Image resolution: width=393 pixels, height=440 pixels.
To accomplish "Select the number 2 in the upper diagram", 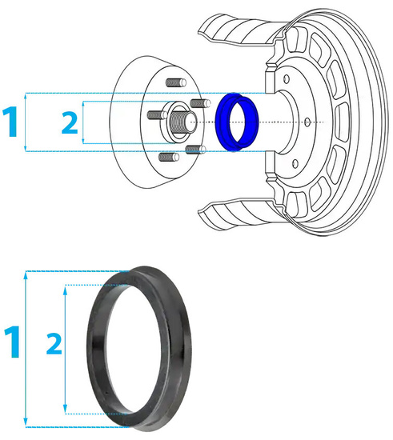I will (70, 122).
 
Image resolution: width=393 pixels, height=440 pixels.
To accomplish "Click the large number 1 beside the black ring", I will (12, 342).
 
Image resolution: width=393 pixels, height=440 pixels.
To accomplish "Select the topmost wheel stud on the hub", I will (172, 83).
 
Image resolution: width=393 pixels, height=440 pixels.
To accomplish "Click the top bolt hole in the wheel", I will (285, 79).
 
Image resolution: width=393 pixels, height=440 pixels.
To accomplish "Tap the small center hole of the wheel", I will (308, 122).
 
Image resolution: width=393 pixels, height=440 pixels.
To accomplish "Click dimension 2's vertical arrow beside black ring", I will (66, 349).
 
